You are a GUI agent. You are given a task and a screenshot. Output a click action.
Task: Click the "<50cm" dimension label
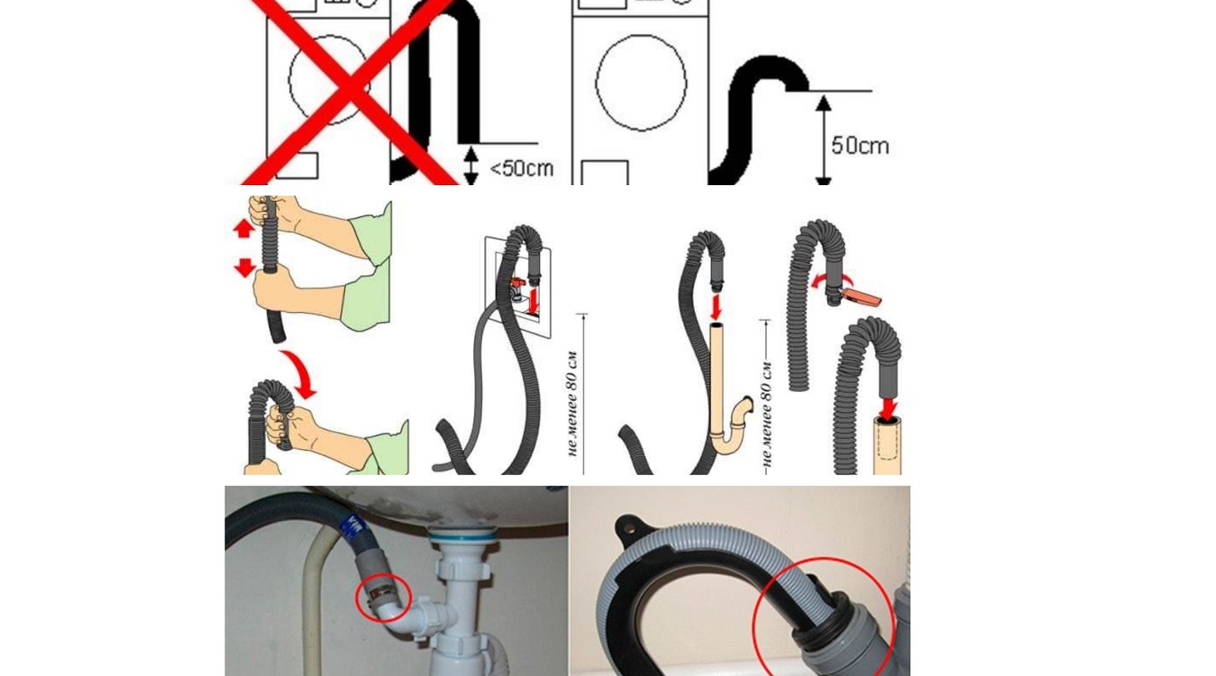(x=521, y=169)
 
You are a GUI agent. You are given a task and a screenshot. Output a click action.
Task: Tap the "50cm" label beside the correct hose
(x=860, y=146)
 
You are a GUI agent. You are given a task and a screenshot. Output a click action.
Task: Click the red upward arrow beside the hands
(x=244, y=228)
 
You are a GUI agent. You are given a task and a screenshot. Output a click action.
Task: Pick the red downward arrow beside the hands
(x=245, y=268)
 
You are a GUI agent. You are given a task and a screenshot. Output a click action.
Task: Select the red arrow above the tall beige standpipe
(x=716, y=306)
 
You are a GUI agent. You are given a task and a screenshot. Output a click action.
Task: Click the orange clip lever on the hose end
(x=862, y=298)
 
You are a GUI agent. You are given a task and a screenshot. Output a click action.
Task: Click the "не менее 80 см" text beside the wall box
(x=573, y=402)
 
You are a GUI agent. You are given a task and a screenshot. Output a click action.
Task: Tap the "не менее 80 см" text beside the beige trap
(x=767, y=414)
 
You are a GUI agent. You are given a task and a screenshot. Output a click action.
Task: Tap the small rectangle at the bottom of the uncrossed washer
(x=604, y=173)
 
